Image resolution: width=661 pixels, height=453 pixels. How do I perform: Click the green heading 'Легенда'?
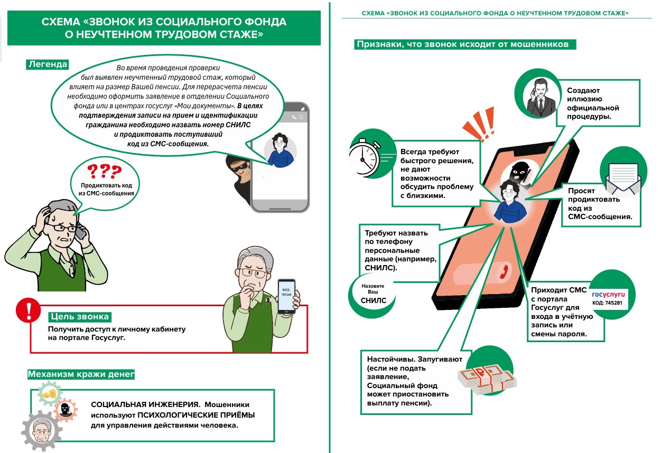[48, 64]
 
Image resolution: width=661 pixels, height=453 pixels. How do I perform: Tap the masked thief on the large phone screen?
[519, 175]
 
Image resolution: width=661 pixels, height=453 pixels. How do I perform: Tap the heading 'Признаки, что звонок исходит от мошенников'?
[463, 44]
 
